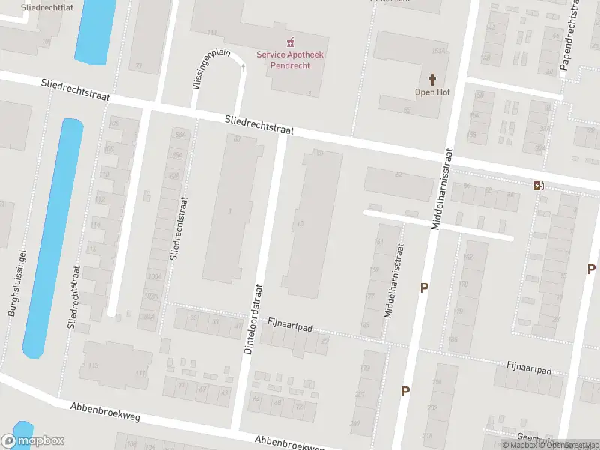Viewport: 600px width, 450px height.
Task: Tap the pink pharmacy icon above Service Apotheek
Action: coord(284,41)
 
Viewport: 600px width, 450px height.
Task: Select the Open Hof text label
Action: coord(431,92)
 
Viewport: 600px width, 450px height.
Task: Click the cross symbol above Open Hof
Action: coord(432,79)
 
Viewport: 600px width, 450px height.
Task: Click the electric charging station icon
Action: coord(538,185)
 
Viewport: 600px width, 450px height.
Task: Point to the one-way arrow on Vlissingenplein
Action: coord(243,67)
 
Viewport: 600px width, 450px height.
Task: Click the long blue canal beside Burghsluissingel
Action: coord(53,238)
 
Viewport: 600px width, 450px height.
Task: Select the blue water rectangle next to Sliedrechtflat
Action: coord(96,30)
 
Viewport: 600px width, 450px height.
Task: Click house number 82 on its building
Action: coord(399,175)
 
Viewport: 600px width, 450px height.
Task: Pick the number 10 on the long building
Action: coord(301,223)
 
